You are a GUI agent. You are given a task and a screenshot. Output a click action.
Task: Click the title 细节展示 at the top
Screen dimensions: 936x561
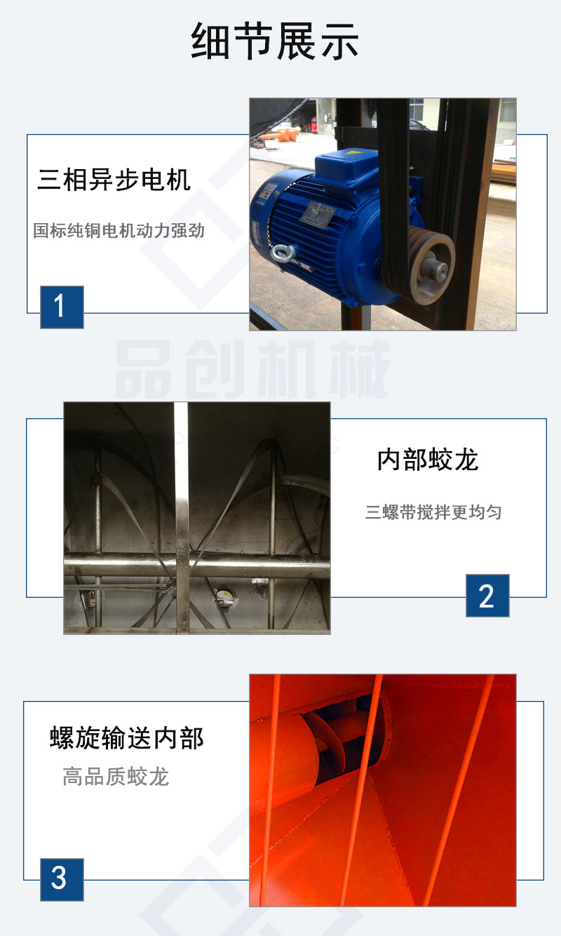point(275,41)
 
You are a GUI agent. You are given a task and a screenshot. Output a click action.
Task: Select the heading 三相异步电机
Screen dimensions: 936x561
point(114,180)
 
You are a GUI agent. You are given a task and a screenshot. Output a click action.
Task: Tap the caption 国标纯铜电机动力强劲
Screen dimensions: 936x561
point(119,230)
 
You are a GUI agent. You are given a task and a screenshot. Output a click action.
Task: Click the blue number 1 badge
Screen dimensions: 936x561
point(62,307)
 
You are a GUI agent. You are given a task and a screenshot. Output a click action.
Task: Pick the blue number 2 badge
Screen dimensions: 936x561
point(487,596)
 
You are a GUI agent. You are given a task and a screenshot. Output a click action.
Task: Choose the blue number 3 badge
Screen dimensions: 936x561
point(62,879)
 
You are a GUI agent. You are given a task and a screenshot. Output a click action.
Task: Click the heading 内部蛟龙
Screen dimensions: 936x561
point(428,460)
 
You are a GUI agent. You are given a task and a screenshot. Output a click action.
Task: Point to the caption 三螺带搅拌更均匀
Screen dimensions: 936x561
point(433,512)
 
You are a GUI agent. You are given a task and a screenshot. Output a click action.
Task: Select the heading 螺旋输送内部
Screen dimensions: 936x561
point(127,738)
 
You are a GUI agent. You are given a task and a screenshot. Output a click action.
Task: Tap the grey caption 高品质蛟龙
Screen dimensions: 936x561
point(116,777)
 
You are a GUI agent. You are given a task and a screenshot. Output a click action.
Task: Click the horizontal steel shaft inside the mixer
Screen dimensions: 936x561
point(126,565)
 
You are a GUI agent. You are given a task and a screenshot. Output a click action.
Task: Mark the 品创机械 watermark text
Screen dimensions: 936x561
point(252,370)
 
